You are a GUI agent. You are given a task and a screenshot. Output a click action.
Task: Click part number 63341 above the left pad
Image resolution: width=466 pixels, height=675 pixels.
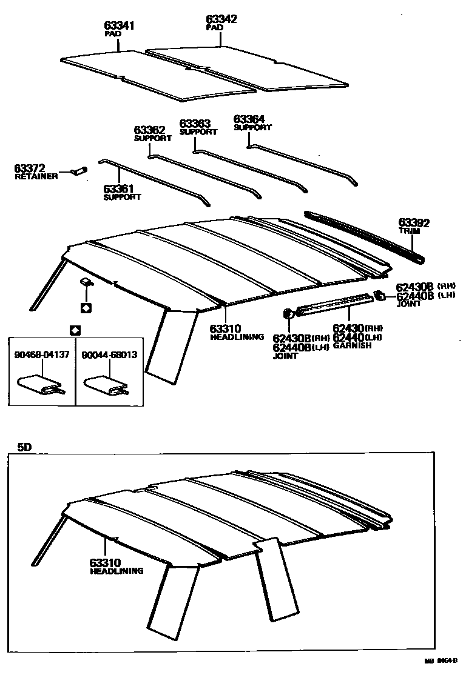coord(120,26)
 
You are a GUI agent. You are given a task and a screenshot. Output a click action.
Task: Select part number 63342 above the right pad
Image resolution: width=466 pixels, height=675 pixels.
coord(221,20)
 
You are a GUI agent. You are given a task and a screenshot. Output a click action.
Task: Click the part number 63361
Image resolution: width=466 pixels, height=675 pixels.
coord(118,189)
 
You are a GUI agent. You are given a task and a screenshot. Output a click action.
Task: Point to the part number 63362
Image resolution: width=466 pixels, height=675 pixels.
coord(149,130)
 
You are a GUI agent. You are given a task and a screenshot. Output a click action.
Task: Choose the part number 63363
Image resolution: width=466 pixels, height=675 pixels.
coord(195,124)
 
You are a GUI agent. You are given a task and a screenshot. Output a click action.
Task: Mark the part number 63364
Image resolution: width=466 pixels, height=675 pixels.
coord(249,119)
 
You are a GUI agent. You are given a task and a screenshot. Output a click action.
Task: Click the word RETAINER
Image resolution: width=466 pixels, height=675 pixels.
coord(36,176)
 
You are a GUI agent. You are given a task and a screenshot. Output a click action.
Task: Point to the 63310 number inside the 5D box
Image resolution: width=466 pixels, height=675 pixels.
coord(106,562)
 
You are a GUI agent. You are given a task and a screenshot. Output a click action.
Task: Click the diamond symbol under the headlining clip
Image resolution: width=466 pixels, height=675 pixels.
coord(86,308)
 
